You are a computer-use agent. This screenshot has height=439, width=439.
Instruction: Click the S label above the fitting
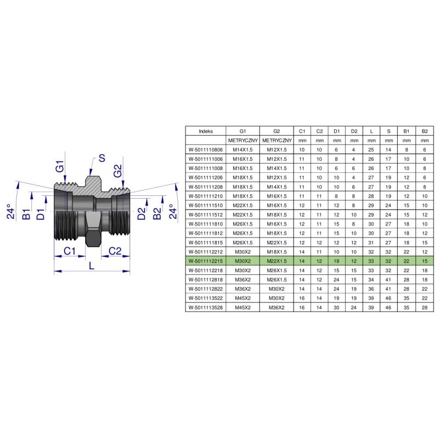pos(102,158)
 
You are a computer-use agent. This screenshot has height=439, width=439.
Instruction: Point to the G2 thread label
pos(118,171)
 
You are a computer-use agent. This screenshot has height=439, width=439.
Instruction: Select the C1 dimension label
pos(70,251)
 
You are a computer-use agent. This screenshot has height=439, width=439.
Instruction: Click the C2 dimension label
pos(115,251)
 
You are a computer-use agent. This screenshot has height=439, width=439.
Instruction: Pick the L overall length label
pos(92,266)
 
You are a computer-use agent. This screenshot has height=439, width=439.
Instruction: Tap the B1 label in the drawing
pos(26,214)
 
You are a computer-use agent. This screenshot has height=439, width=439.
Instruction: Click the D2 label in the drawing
pos(142,213)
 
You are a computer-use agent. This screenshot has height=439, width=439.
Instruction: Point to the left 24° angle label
pos(10,211)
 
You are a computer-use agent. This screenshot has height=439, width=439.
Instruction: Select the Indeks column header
pos(206,131)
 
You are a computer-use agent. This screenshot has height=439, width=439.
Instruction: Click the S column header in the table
pos(389,131)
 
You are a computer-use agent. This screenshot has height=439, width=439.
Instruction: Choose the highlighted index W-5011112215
pos(206,261)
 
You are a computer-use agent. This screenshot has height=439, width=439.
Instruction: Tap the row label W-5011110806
pos(206,150)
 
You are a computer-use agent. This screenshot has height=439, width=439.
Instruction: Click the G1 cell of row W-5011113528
pos(243,307)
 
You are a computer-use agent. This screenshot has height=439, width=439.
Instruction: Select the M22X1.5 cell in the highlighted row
pos(277,261)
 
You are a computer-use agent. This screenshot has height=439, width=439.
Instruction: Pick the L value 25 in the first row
pos(372,150)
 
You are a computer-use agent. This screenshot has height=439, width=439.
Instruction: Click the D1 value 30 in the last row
pos(336,307)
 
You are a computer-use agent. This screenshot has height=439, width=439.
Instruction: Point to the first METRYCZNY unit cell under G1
pos(243,140)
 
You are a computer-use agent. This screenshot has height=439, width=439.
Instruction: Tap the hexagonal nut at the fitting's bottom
pos(93,238)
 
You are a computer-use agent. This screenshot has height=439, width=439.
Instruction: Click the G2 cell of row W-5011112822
pos(277,289)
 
